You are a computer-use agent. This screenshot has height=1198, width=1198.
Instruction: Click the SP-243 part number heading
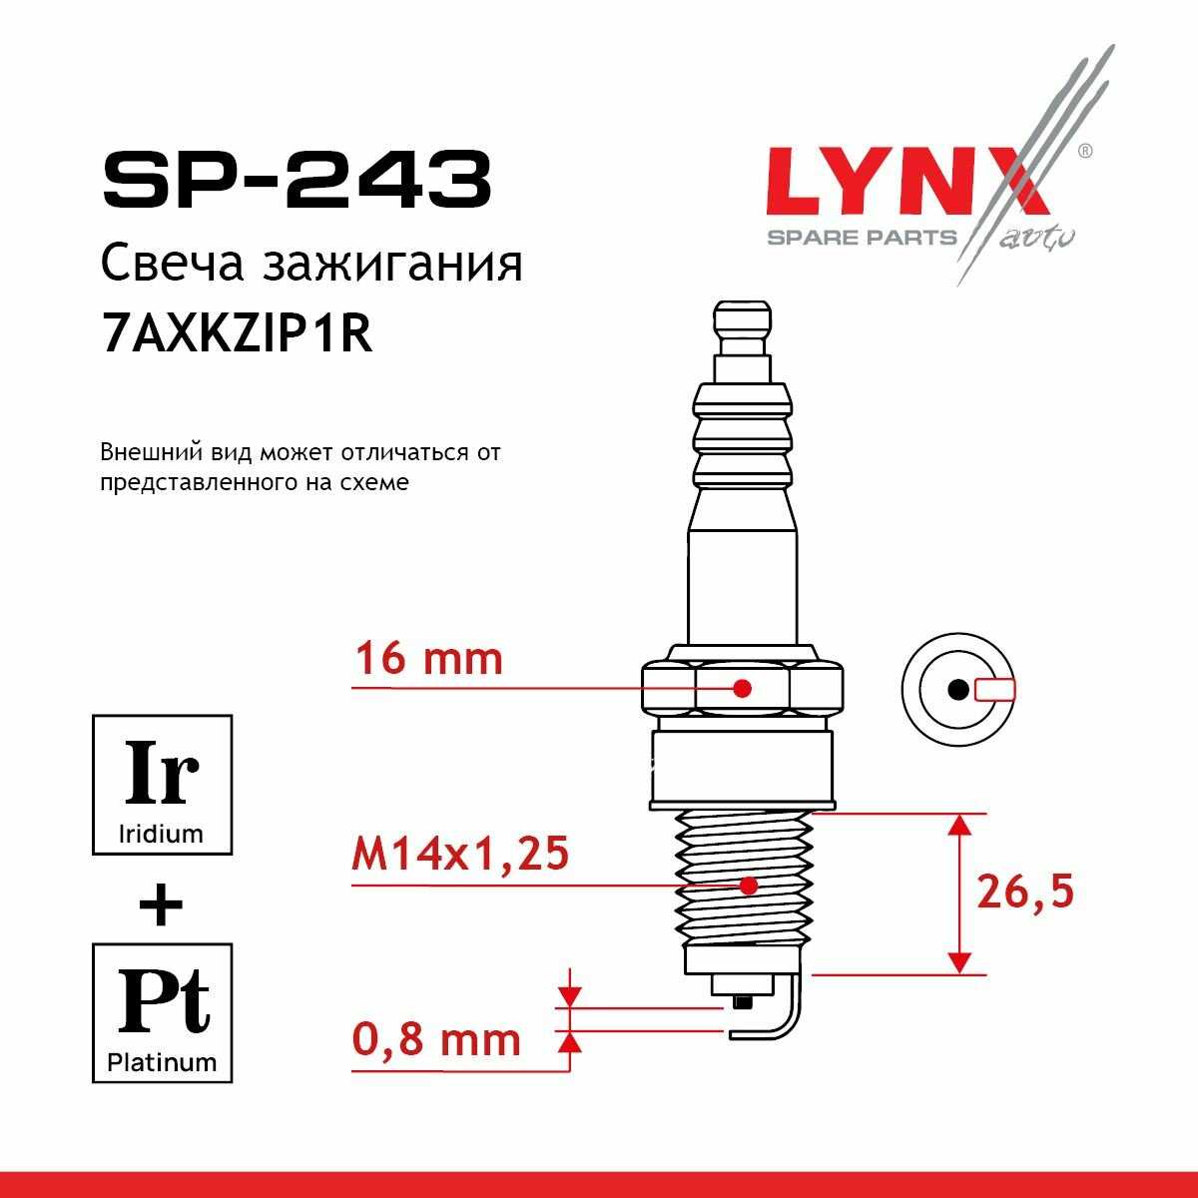tap(298, 180)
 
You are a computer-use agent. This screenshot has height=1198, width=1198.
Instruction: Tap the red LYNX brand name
tap(906, 182)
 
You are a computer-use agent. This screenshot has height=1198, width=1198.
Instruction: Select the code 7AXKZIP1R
tap(237, 334)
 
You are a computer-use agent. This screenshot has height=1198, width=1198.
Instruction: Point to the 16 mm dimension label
tap(428, 660)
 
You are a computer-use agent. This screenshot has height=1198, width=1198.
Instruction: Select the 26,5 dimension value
tap(1025, 893)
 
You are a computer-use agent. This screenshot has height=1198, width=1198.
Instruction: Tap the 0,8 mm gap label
tap(436, 1040)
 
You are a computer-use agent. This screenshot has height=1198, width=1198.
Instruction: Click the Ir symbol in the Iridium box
tap(162, 773)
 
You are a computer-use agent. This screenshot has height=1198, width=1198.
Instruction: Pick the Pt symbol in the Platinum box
tap(163, 1001)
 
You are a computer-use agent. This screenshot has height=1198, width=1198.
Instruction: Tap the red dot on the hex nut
tap(743, 688)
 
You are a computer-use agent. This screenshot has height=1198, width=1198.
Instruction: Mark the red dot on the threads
tap(749, 886)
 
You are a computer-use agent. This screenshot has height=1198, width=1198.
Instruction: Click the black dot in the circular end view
tap(958, 690)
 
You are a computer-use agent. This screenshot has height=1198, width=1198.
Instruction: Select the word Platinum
tap(162, 1063)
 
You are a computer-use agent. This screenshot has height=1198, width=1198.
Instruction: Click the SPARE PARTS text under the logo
tap(863, 238)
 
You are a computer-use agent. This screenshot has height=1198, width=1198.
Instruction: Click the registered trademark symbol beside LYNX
tap(1084, 151)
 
